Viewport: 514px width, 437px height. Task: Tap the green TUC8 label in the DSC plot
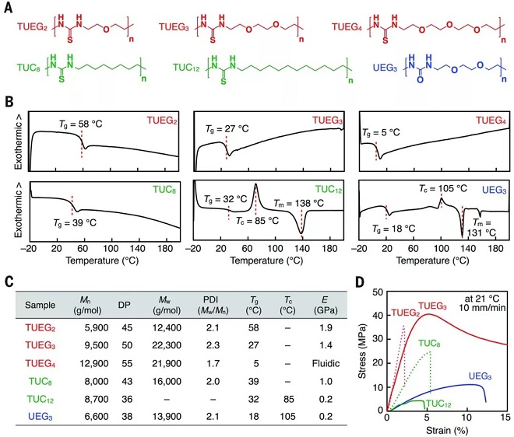point(154,187)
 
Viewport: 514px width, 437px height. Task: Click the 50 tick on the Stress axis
point(379,292)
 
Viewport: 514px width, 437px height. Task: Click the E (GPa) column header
point(315,304)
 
